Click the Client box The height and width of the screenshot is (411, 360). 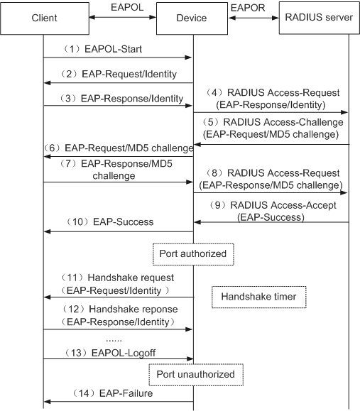pos(45,18)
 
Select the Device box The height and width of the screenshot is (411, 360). pos(192,18)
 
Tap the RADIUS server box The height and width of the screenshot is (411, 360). pos(319,18)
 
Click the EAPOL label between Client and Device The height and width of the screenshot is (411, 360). pos(127,7)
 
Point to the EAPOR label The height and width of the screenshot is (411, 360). pos(248,8)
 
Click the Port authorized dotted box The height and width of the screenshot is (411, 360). pos(193,254)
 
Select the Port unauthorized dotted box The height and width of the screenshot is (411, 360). pos(196,375)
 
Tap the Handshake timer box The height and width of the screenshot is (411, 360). pos(258,297)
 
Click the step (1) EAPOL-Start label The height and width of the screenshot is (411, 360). pos(102,49)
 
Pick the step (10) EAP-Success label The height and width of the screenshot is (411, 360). pos(109,221)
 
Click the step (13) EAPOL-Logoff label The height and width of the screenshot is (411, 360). pos(110,353)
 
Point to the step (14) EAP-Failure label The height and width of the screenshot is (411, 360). pos(112,393)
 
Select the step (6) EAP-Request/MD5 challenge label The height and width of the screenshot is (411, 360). pos(119,148)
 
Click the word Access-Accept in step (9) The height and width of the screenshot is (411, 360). pos(303,205)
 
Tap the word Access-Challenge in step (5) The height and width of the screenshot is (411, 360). pos(303,122)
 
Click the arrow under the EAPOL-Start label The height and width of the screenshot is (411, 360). pos(118,57)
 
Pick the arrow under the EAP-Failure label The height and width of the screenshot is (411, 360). pos(119,402)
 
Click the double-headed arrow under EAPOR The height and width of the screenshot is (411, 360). pos(253,18)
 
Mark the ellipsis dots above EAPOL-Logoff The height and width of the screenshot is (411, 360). pos(114,341)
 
